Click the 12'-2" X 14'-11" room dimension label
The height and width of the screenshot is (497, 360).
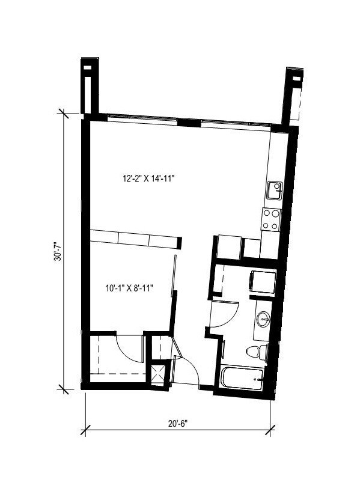(152, 178)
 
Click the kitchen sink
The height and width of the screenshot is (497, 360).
(275, 191)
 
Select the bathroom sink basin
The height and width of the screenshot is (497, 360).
(263, 319)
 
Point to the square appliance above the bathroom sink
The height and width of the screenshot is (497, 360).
(263, 282)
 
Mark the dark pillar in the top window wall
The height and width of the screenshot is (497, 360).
(190, 123)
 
